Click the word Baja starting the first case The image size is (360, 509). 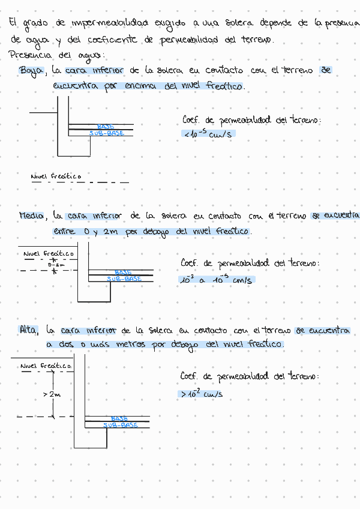[31, 71]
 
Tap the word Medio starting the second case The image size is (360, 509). [31, 215]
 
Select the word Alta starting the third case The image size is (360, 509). [29, 330]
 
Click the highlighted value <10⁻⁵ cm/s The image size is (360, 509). [208, 134]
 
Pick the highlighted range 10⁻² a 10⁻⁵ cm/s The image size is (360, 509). [217, 280]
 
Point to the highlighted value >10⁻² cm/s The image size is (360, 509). [201, 394]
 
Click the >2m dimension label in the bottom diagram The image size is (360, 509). [52, 394]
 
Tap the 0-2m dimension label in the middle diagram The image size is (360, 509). [56, 264]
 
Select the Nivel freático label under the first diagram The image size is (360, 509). [56, 176]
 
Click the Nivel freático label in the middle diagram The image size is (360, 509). [48, 254]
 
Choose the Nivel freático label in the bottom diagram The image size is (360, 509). [46, 366]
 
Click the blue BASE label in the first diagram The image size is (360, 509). [106, 127]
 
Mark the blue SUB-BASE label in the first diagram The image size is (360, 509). [107, 133]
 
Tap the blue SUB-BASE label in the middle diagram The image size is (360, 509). [124, 279]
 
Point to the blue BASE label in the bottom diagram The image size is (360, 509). [119, 418]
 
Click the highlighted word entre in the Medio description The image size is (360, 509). [63, 231]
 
